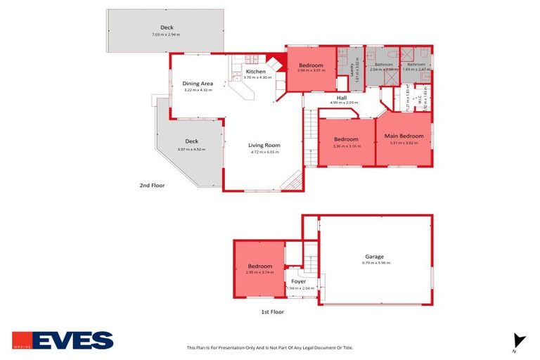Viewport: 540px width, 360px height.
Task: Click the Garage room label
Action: pos(374,257)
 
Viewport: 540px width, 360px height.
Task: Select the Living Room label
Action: pos(264,146)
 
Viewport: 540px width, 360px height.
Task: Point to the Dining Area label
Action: pos(198,84)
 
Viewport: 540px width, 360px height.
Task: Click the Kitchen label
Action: pos(255,72)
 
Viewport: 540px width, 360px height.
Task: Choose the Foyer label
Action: pos(298,281)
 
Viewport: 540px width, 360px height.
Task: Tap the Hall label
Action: pos(342,97)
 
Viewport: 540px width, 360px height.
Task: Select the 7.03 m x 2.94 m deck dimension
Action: pos(166,34)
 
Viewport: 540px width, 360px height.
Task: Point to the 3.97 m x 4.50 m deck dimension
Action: pos(191,149)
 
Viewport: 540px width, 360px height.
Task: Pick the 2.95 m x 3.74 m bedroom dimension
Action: pos(260,272)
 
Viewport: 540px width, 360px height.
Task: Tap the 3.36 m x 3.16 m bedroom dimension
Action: pos(346,146)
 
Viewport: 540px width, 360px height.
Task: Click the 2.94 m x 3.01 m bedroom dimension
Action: pos(311,70)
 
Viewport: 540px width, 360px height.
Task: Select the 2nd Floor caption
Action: pos(151,186)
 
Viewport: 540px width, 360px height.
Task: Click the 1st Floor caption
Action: pos(272,310)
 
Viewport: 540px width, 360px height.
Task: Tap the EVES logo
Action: pos(63,341)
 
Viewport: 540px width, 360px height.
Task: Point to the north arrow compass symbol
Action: pos(519,340)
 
